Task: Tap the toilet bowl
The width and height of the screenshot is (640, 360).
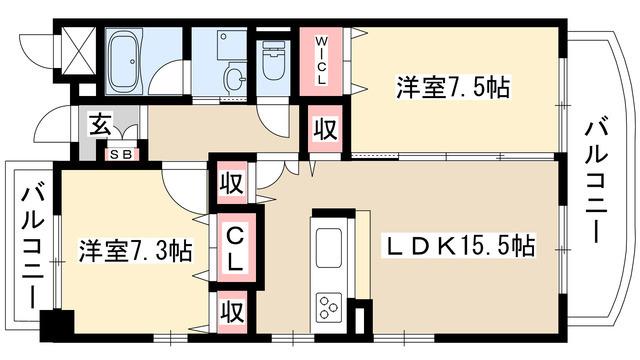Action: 273,66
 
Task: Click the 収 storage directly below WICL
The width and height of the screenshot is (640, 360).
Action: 324,127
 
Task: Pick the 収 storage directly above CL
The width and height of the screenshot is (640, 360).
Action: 229,184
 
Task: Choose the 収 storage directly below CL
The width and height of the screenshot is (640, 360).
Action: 229,309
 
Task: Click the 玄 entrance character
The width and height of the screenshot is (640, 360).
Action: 101,125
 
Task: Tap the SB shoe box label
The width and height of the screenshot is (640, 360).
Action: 126,154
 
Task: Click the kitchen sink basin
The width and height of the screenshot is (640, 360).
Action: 329,246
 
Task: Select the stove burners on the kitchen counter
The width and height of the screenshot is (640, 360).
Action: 329,302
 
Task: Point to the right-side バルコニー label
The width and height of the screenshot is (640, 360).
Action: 597,181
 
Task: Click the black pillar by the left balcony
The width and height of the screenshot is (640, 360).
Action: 57,326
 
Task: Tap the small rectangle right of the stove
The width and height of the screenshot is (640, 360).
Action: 362,320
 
